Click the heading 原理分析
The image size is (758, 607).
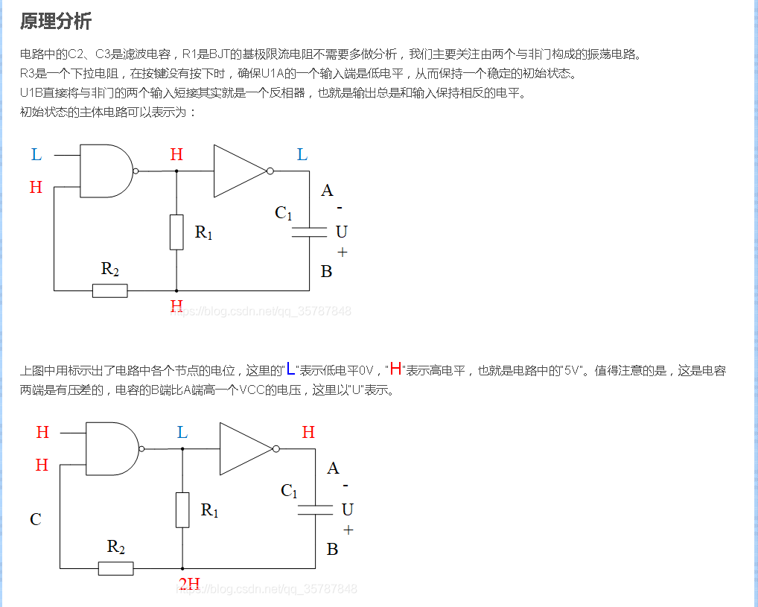[x=56, y=21]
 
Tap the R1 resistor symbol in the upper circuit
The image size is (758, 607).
[x=176, y=232]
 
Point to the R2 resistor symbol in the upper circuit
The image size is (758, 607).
[x=109, y=290]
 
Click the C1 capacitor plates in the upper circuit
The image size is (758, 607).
[x=309, y=232]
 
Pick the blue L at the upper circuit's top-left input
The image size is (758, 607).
[x=36, y=155]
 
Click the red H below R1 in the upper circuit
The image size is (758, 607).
[x=176, y=306]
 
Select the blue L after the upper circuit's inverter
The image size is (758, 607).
[x=302, y=155]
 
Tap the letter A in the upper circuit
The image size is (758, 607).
[x=327, y=191]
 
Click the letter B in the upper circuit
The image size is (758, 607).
[x=326, y=272]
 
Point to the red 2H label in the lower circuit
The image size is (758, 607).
[x=189, y=583]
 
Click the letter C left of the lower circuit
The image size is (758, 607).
[x=35, y=519]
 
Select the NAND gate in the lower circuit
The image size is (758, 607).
[x=112, y=448]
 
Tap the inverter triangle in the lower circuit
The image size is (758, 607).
[x=244, y=448]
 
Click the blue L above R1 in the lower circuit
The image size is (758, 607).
[x=182, y=433]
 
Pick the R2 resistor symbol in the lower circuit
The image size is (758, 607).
[x=115, y=568]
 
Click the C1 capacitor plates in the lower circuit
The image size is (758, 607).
[x=315, y=509]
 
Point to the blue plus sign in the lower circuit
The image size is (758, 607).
[x=348, y=530]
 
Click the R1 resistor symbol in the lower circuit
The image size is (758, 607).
[x=182, y=509]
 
